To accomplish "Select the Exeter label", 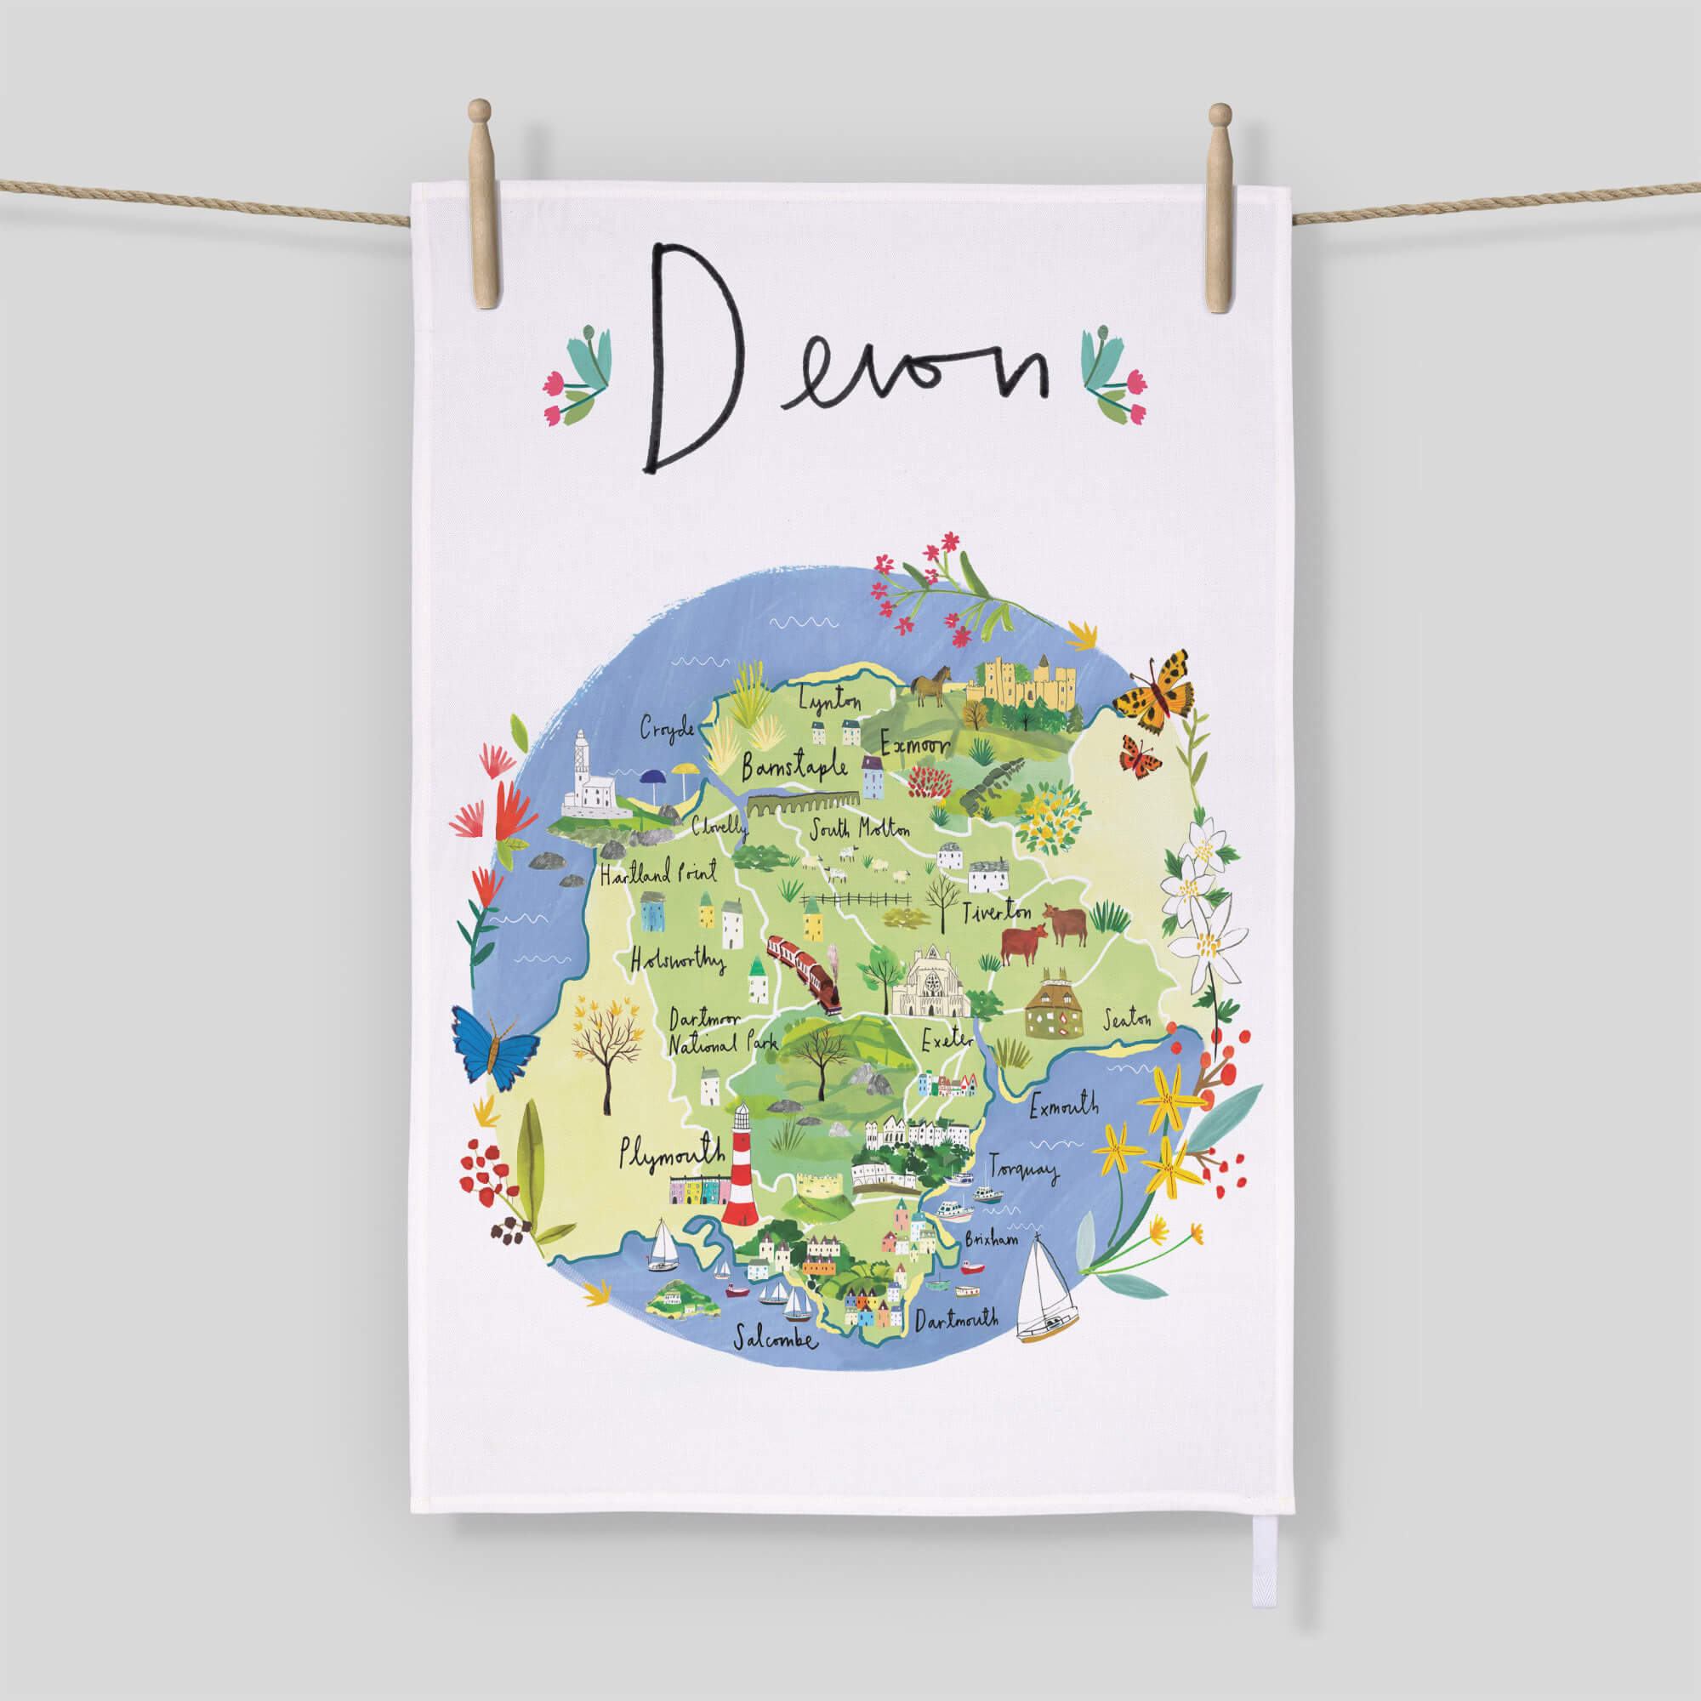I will click(x=947, y=1040).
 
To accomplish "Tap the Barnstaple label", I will click(x=794, y=768).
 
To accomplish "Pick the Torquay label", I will click(x=1023, y=1169).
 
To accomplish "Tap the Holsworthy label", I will click(x=677, y=959).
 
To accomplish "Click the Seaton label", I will click(x=1127, y=1021).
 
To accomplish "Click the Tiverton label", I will click(x=997, y=912).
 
